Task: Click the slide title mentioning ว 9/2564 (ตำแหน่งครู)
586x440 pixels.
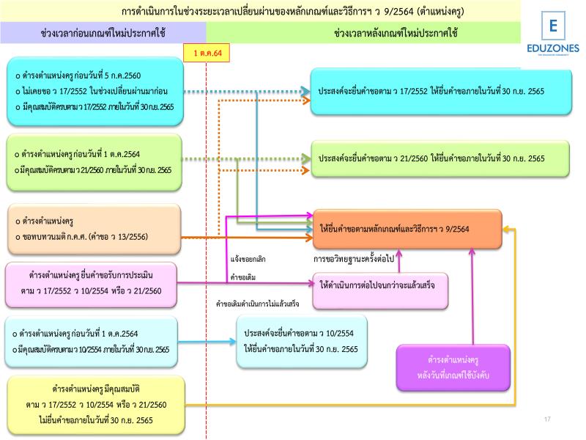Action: pyautogui.click(x=293, y=12)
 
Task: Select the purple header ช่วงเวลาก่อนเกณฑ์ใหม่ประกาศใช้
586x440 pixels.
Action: pyautogui.click(x=103, y=33)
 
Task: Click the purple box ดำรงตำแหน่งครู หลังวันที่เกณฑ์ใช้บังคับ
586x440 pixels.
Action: pyautogui.click(x=453, y=367)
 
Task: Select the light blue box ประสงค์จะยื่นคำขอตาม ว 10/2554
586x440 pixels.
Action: pyautogui.click(x=301, y=340)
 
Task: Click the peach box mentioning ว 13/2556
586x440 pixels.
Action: pyautogui.click(x=92, y=229)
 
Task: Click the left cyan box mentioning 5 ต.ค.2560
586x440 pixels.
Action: pyautogui.click(x=92, y=92)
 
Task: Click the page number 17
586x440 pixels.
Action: pyautogui.click(x=546, y=419)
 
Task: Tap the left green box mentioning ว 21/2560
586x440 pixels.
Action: pyautogui.click(x=92, y=161)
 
